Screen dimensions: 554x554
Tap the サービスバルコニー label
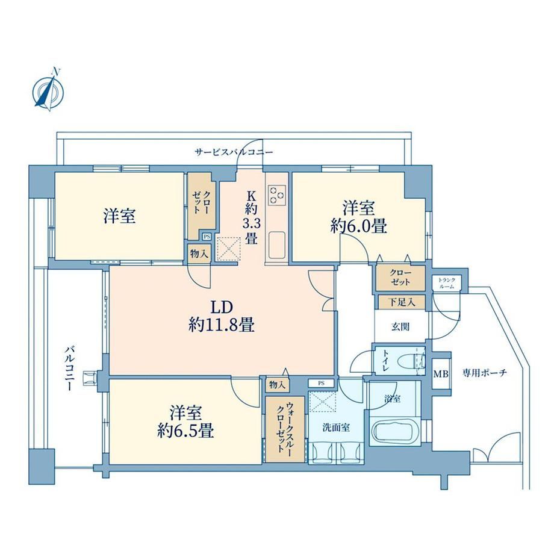[x=234, y=152]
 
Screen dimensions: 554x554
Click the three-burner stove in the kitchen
[x=276, y=195]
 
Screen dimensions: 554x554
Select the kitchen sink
[x=276, y=245]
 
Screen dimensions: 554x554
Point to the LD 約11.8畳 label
[x=222, y=316]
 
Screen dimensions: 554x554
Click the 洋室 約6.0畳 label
[x=359, y=217]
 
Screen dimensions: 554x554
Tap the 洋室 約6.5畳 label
[x=185, y=422]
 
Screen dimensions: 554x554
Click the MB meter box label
[x=441, y=373]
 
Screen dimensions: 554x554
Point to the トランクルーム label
[x=447, y=283]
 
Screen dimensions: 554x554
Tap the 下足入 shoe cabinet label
[x=402, y=302]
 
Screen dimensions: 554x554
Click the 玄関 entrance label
[x=400, y=327]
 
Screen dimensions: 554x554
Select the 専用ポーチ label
[x=485, y=373]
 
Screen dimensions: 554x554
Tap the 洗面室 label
[x=336, y=428]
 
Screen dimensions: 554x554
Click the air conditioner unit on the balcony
[x=89, y=378]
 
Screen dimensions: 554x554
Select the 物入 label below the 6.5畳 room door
[x=277, y=385]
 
